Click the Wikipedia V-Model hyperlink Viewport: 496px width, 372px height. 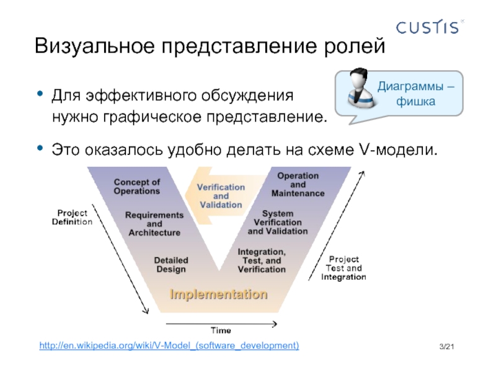click(169, 344)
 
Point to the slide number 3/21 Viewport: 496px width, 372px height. click(446, 345)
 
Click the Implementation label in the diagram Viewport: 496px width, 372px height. click(219, 293)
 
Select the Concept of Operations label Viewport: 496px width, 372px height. click(137, 187)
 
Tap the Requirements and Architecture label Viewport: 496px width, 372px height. click(154, 224)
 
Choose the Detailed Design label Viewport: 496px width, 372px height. click(170, 265)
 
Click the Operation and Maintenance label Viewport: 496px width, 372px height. click(298, 184)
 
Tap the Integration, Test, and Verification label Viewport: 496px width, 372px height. click(262, 260)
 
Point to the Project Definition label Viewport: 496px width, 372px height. click(71, 216)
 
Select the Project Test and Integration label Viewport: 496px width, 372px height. click(343, 268)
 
